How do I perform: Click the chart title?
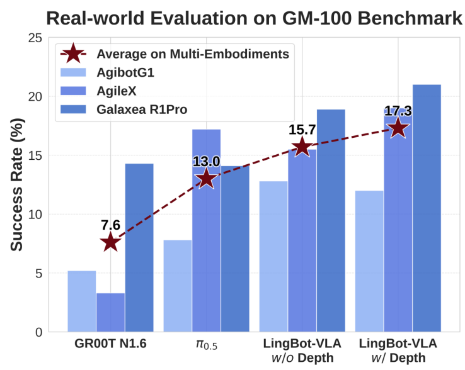pos(255,17)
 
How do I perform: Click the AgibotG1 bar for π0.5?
pos(178,286)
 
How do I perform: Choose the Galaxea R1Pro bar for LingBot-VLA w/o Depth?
pos(331,220)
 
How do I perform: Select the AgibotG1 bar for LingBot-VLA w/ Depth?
pos(369,261)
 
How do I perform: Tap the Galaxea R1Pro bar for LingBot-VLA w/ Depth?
pos(427,208)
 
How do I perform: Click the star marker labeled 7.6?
pos(110,242)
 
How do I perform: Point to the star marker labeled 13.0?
pos(207,179)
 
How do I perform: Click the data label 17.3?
pos(398,111)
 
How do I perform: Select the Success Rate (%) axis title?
pos(17,184)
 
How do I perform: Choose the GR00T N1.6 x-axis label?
pos(110,345)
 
